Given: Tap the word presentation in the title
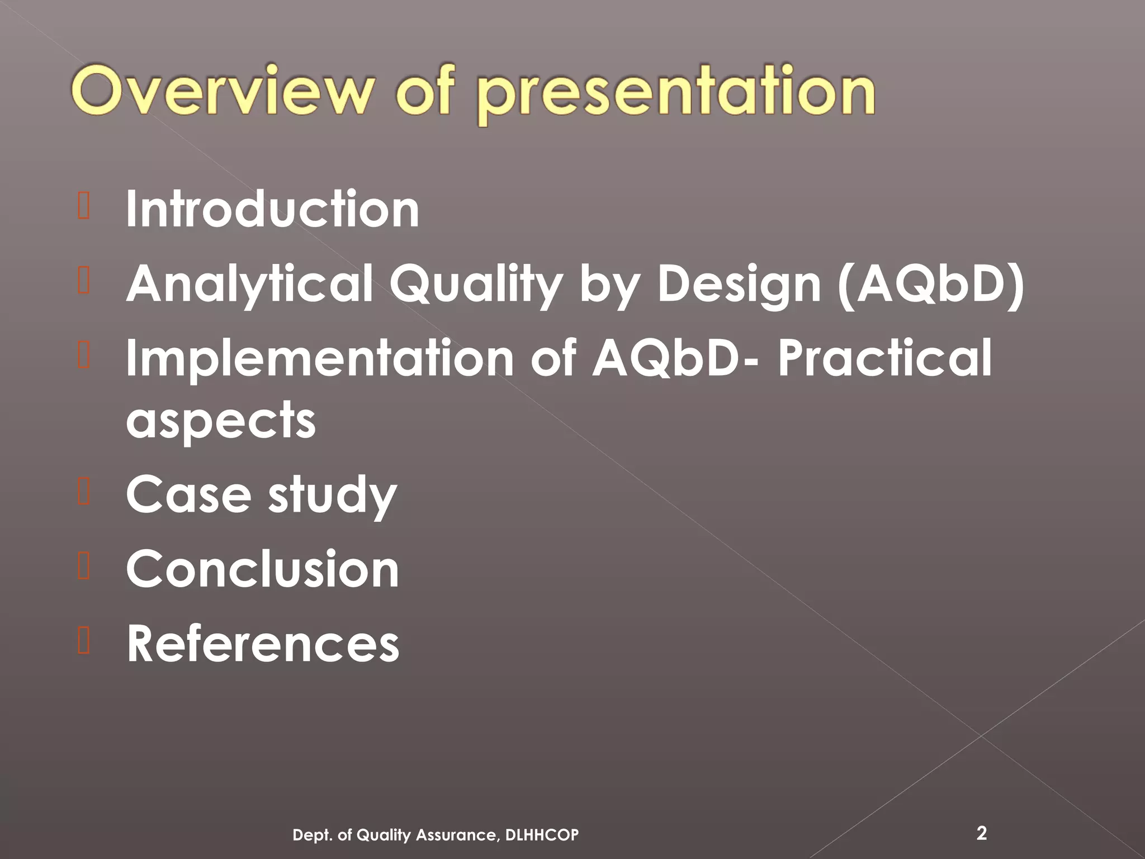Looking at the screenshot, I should (x=676, y=93).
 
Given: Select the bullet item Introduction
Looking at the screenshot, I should (x=272, y=209).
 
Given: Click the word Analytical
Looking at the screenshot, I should (x=249, y=284).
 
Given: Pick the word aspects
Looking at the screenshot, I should (x=221, y=421).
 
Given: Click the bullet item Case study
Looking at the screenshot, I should (x=261, y=494).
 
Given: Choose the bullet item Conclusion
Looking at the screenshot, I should (x=262, y=569).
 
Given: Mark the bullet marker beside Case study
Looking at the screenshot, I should (x=84, y=492).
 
